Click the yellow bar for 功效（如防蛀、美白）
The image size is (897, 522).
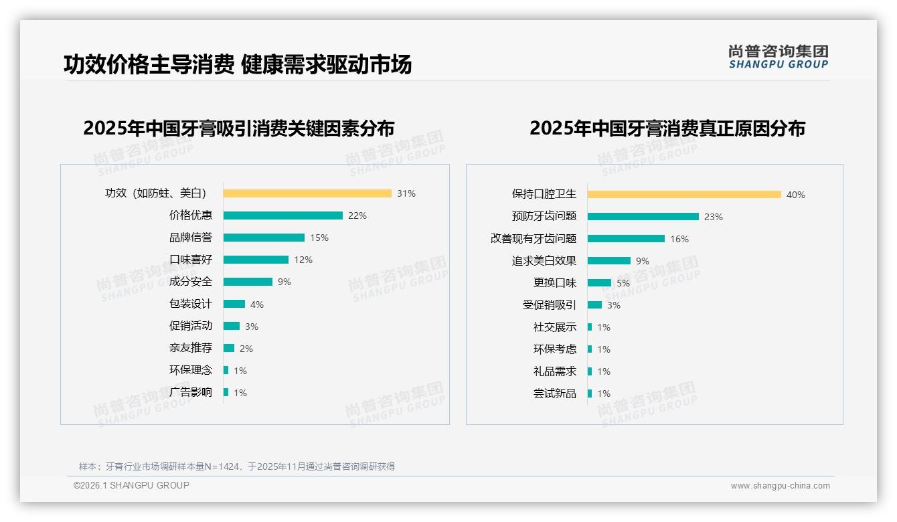(x=307, y=193)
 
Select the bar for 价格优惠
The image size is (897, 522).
(x=282, y=215)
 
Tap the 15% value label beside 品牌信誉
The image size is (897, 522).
(x=319, y=238)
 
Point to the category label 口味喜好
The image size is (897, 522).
(x=191, y=260)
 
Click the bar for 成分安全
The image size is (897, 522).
(x=248, y=282)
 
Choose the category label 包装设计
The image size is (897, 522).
(x=191, y=304)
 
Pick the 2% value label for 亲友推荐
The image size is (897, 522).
(x=246, y=348)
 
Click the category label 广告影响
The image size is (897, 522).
(x=191, y=392)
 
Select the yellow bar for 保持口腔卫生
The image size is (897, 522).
(x=684, y=195)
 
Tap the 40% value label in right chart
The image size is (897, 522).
(x=796, y=195)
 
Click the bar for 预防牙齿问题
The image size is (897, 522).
(x=643, y=217)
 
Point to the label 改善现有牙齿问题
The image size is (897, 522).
(x=534, y=239)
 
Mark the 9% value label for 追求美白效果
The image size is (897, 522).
(x=643, y=261)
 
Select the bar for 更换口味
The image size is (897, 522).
(x=599, y=283)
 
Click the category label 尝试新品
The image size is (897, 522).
(x=555, y=394)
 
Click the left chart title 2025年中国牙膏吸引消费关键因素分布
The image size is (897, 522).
(x=239, y=128)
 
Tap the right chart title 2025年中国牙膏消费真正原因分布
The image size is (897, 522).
(x=667, y=128)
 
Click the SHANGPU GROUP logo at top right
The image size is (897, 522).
(x=779, y=57)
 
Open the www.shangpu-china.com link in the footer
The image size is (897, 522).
(x=780, y=486)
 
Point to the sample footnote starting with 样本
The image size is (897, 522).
(x=237, y=466)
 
